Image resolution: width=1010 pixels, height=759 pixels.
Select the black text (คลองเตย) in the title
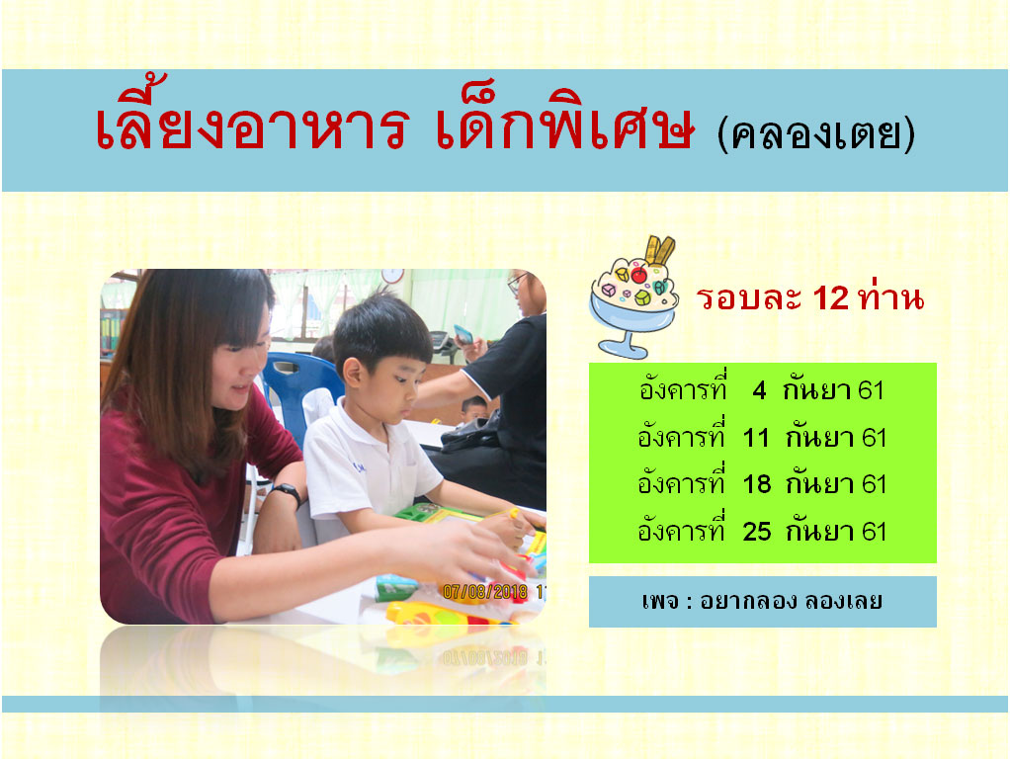pos(816,134)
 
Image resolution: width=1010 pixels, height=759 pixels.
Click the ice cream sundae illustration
pos(635,296)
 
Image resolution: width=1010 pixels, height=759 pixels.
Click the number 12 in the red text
pos(830,298)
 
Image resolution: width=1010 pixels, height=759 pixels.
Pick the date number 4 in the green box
pos(759,390)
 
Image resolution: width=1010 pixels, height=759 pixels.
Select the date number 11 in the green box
pos(756,438)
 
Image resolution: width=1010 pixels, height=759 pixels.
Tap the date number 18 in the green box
pos(756,484)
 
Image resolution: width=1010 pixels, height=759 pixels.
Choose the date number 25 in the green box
pos(756,532)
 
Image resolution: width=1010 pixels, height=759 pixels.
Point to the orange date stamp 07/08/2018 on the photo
pos(485,591)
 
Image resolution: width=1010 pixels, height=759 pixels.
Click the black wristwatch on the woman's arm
pos(287,492)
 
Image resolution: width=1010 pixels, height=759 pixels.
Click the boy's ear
pos(352,373)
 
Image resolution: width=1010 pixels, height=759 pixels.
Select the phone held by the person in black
pos(463,334)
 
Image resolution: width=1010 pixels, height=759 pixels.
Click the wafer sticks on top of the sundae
pos(659,250)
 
